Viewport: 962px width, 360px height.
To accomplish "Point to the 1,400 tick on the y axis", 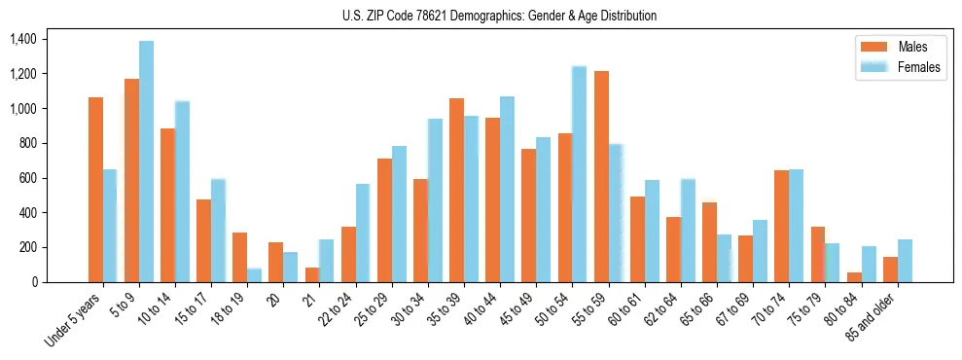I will click(x=22, y=40).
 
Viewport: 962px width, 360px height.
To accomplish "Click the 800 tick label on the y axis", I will click(x=27, y=144).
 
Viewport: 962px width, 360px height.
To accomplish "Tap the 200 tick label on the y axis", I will click(x=27, y=248).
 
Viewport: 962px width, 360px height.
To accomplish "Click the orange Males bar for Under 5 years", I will click(x=95, y=190).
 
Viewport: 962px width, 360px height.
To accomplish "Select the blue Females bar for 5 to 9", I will click(x=146, y=162).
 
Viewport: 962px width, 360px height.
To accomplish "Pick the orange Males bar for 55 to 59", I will click(x=601, y=176).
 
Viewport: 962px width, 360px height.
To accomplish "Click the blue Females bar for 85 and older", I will click(x=905, y=261).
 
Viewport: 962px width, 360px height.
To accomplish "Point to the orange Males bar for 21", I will click(x=312, y=274).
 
